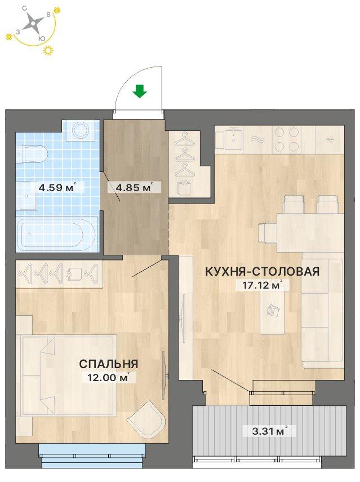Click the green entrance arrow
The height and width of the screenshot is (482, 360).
(140, 91)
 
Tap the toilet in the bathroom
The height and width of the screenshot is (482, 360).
(32, 154)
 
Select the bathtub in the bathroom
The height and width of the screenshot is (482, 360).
(57, 233)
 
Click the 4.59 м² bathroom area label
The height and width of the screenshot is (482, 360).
(57, 187)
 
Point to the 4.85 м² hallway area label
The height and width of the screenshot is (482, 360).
(134, 187)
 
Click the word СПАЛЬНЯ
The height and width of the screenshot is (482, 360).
(108, 364)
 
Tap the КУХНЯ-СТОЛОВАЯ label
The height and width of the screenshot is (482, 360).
(263, 271)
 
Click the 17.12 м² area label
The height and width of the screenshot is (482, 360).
(263, 285)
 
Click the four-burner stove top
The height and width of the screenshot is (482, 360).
(287, 139)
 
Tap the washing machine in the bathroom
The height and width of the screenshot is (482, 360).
(81, 130)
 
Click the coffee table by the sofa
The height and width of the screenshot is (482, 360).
(272, 312)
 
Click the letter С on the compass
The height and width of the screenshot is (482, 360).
(24, 8)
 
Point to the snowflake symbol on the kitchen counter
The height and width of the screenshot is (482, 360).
(330, 139)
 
